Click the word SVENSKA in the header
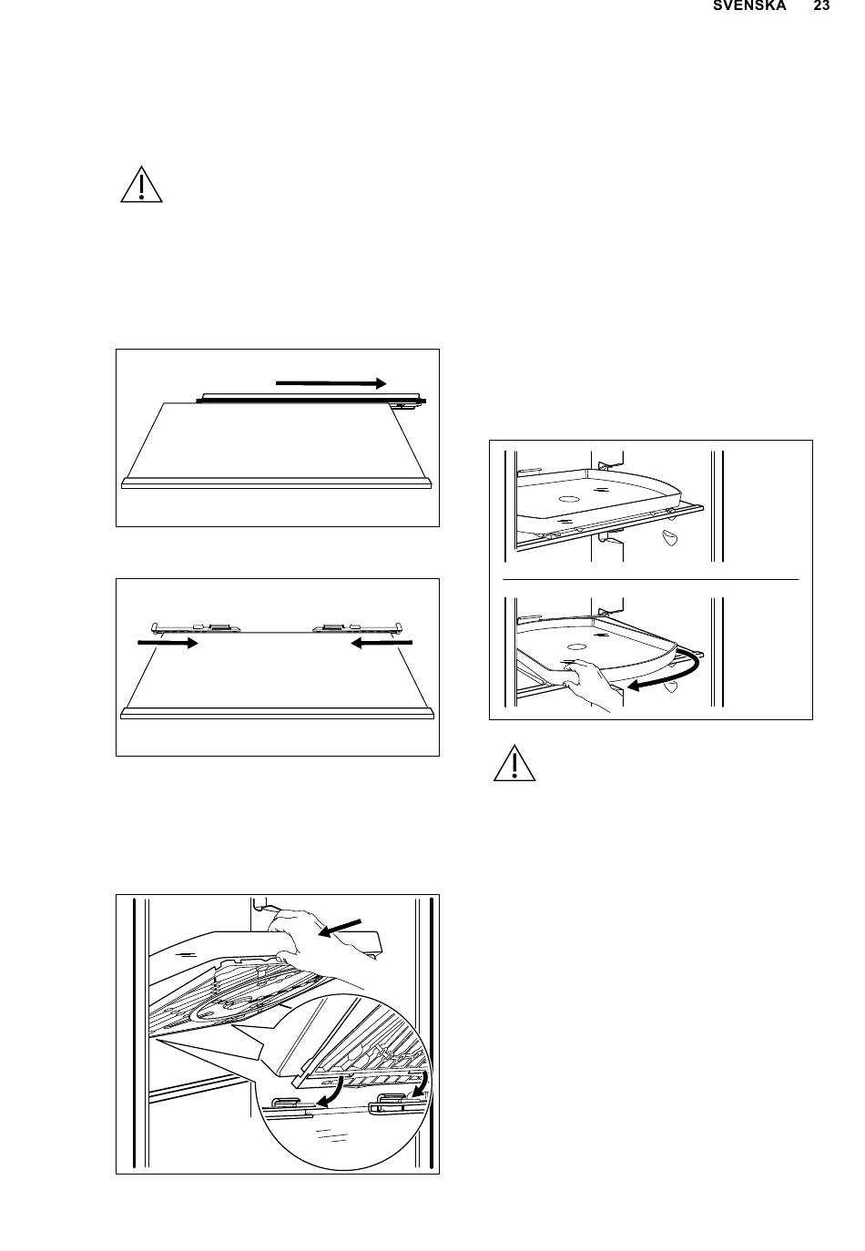click(749, 6)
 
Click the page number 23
click(821, 6)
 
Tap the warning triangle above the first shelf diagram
click(141, 185)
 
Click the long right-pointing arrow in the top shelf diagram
click(332, 383)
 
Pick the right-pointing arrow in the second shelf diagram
click(168, 643)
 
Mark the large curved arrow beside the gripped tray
click(669, 674)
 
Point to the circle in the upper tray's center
click(568, 500)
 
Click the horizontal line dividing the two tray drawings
click(650, 578)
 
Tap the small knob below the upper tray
click(672, 539)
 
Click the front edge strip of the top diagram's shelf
click(277, 483)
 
